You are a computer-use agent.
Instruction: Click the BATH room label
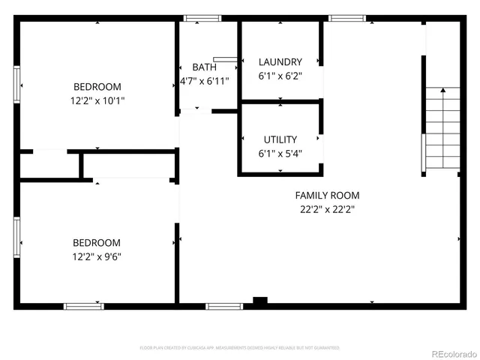[x=204, y=67]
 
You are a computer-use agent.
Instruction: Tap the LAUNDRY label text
[x=280, y=61]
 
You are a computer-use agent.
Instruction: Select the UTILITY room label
[x=280, y=139]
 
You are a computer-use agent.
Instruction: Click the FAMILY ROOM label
[x=326, y=196]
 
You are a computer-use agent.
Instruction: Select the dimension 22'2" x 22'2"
[x=326, y=210]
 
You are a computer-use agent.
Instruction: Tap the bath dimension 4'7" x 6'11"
[x=204, y=80]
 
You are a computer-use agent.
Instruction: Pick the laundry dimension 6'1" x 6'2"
[x=280, y=76]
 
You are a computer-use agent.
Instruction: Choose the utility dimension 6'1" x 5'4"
[x=280, y=153]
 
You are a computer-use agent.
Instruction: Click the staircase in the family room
[x=442, y=131]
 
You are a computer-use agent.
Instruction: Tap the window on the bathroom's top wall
[x=198, y=18]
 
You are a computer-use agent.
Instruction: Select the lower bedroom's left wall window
[x=16, y=238]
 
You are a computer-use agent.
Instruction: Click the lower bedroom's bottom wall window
[x=83, y=306]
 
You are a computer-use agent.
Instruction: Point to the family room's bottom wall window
[x=224, y=306]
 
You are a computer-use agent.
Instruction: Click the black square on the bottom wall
[x=260, y=301]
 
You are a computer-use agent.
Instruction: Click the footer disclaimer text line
[x=240, y=348]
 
